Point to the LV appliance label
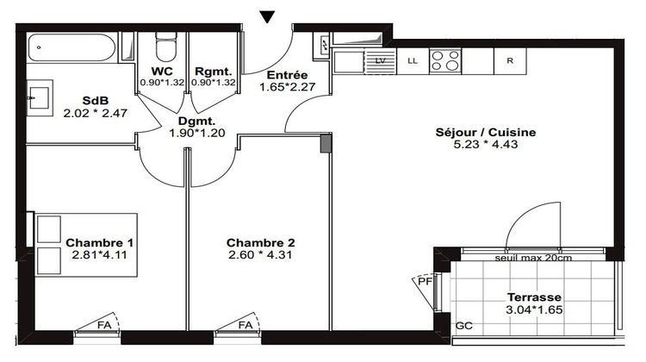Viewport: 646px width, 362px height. coord(380,60)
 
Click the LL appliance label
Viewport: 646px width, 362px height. coord(412,60)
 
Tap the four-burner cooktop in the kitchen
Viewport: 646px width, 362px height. coord(445,60)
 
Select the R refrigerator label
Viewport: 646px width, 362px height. coord(510,60)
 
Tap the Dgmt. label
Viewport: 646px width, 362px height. coord(197,122)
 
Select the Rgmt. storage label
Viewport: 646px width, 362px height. coord(212,72)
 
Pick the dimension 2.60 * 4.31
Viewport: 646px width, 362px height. coord(255,255)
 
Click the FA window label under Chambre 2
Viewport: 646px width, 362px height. coord(246,326)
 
